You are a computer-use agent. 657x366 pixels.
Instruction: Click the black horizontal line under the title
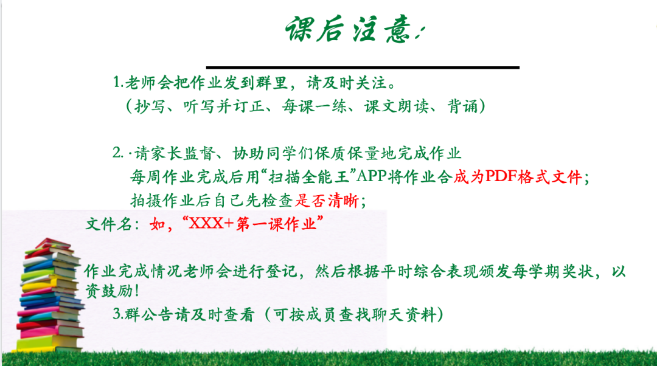[363, 67]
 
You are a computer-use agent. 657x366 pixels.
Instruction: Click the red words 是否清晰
[331, 200]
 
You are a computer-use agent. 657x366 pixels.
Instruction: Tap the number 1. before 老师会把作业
[117, 82]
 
